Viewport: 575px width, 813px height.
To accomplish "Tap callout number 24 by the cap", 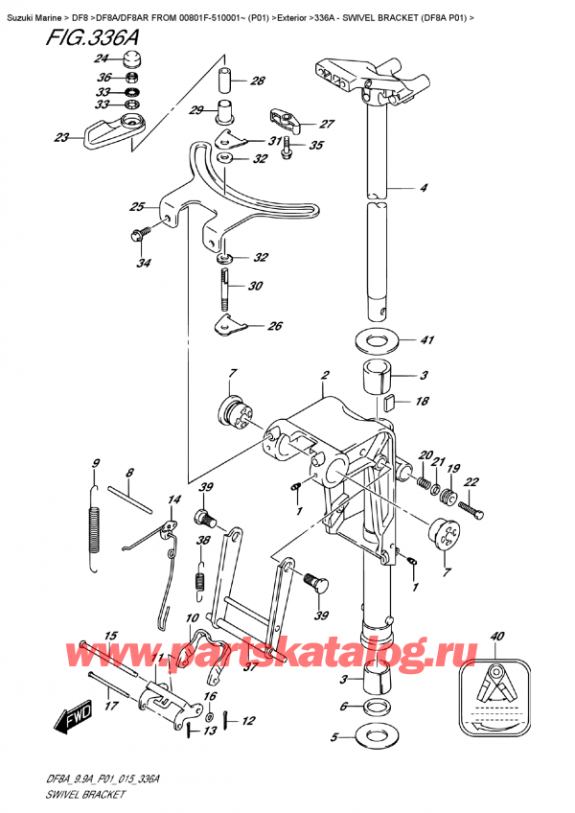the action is click(102, 59).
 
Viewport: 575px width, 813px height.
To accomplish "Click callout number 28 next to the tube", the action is click(257, 81).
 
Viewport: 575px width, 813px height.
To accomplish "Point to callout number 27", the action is click(327, 124).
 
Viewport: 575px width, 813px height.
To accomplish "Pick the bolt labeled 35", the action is click(287, 149).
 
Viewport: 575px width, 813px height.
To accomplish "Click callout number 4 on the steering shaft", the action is click(424, 187).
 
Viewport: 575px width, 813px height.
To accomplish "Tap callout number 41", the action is click(426, 340).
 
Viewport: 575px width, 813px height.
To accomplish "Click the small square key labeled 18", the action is click(390, 401).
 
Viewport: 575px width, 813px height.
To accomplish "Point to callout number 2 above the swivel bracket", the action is click(326, 376).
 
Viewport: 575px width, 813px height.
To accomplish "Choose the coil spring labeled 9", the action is click(94, 528).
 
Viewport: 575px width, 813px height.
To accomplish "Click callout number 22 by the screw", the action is click(471, 481).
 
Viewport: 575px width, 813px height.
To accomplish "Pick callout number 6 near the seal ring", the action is click(343, 707).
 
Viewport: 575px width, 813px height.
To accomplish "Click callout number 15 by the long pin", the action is click(111, 637).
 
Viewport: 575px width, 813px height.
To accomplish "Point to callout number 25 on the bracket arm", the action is click(137, 207).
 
